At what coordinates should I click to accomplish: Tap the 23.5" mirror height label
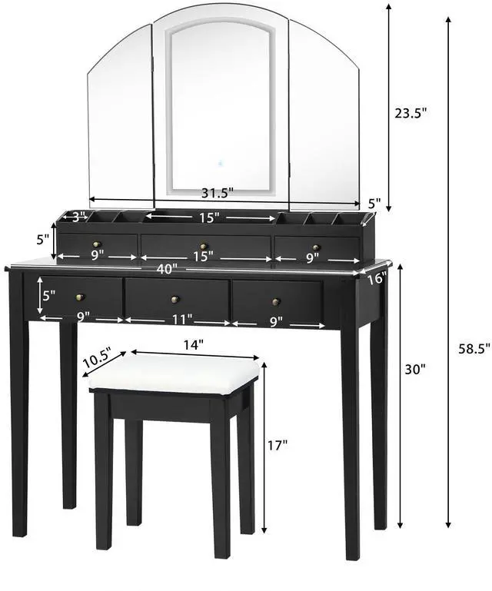point(411,112)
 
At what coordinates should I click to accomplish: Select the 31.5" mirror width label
point(218,192)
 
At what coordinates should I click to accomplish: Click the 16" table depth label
point(376,279)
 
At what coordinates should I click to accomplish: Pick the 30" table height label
point(415,369)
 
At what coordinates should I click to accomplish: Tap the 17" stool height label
point(278,444)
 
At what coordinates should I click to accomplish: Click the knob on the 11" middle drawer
point(175,299)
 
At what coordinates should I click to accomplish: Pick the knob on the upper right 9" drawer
point(315,247)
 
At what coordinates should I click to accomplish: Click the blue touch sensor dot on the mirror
point(220,163)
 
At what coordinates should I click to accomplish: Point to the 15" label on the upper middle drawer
point(202,257)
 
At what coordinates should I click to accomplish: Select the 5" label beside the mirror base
point(374,204)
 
